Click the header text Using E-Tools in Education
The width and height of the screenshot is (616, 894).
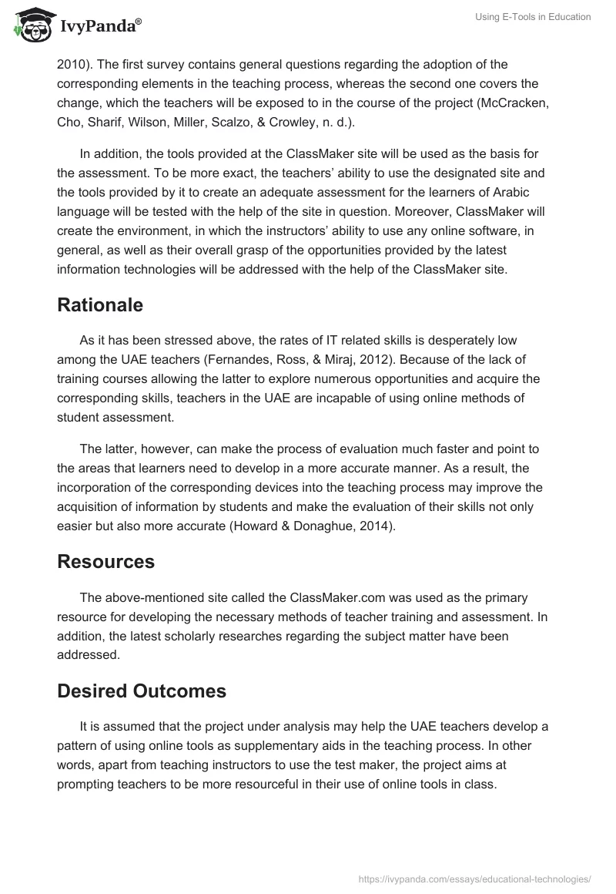533,18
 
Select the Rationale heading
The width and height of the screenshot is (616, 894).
100,304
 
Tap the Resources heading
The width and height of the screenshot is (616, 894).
105,562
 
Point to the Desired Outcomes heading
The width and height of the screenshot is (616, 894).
142,691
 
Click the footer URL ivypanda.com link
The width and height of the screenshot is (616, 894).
475,879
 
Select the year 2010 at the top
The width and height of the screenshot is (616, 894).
72,64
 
